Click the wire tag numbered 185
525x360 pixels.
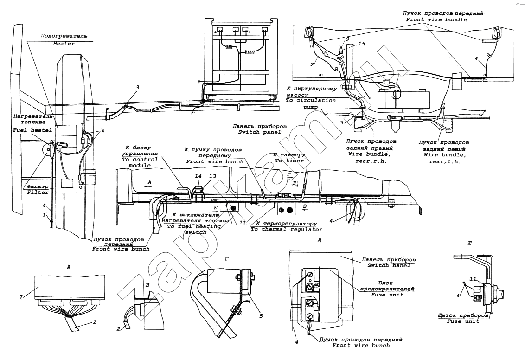pos(229,47)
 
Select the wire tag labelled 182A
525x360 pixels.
pos(249,52)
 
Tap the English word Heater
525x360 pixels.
pos(64,44)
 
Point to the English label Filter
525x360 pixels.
pos(38,192)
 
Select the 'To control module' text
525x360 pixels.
pos(140,162)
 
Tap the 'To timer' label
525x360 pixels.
pos(289,161)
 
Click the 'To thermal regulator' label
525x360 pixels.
pos(286,229)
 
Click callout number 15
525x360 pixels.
pos(362,44)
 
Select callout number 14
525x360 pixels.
pos(198,176)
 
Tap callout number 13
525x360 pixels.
pos(212,176)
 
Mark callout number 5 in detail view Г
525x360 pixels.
pos(261,316)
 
